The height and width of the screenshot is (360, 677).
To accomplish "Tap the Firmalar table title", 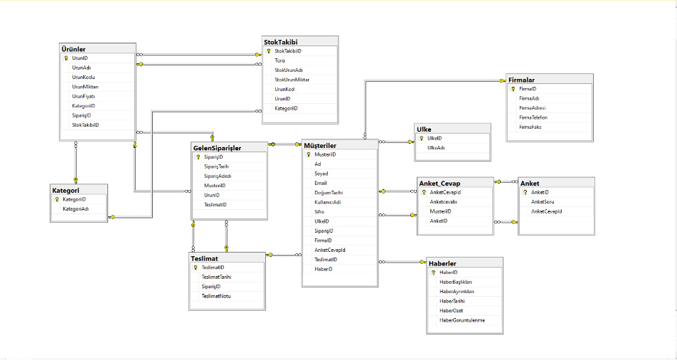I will [522, 80].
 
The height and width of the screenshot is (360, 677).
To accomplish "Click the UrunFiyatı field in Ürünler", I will [83, 96].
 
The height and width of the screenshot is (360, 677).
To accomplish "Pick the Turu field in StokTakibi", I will [280, 60].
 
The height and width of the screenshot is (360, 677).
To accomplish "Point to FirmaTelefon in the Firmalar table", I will [533, 117].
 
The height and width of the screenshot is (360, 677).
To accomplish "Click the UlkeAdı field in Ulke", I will [437, 148].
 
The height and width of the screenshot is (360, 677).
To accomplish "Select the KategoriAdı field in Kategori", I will [76, 209].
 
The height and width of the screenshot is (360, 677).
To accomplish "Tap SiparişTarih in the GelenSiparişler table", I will [216, 166].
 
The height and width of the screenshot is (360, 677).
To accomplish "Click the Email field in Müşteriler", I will [321, 183].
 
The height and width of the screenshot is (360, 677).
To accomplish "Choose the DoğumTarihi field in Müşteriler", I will [329, 193].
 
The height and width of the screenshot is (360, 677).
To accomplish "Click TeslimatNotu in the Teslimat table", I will [216, 296].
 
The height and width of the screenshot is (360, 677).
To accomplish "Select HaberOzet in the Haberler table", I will [452, 311].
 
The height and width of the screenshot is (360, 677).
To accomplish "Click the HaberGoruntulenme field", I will [462, 320].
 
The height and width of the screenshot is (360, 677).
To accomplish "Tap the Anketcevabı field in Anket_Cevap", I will [443, 201].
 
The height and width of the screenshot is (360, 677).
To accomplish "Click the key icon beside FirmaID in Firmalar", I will [512, 89].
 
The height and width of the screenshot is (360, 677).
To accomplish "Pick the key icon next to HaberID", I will [433, 272].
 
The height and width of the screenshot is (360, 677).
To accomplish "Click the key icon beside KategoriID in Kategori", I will [55, 200].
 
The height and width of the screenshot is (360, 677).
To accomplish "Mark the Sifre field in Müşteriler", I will [320, 212].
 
